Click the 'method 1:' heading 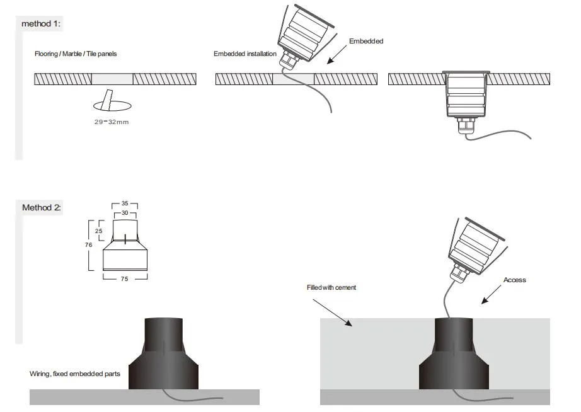point(41,23)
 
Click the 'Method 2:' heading point(42,207)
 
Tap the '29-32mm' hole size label point(111,122)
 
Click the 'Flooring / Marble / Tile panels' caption point(76,54)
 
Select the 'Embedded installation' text point(244,54)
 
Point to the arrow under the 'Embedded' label point(338,54)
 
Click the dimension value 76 point(89,244)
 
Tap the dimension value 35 point(125,203)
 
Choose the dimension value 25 point(99,231)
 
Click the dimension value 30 point(125,213)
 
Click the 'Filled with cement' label point(331,287)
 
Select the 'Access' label point(514,280)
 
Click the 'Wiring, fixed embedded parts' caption point(75,374)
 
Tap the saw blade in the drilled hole point(108,100)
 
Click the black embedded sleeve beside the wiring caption point(164,354)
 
